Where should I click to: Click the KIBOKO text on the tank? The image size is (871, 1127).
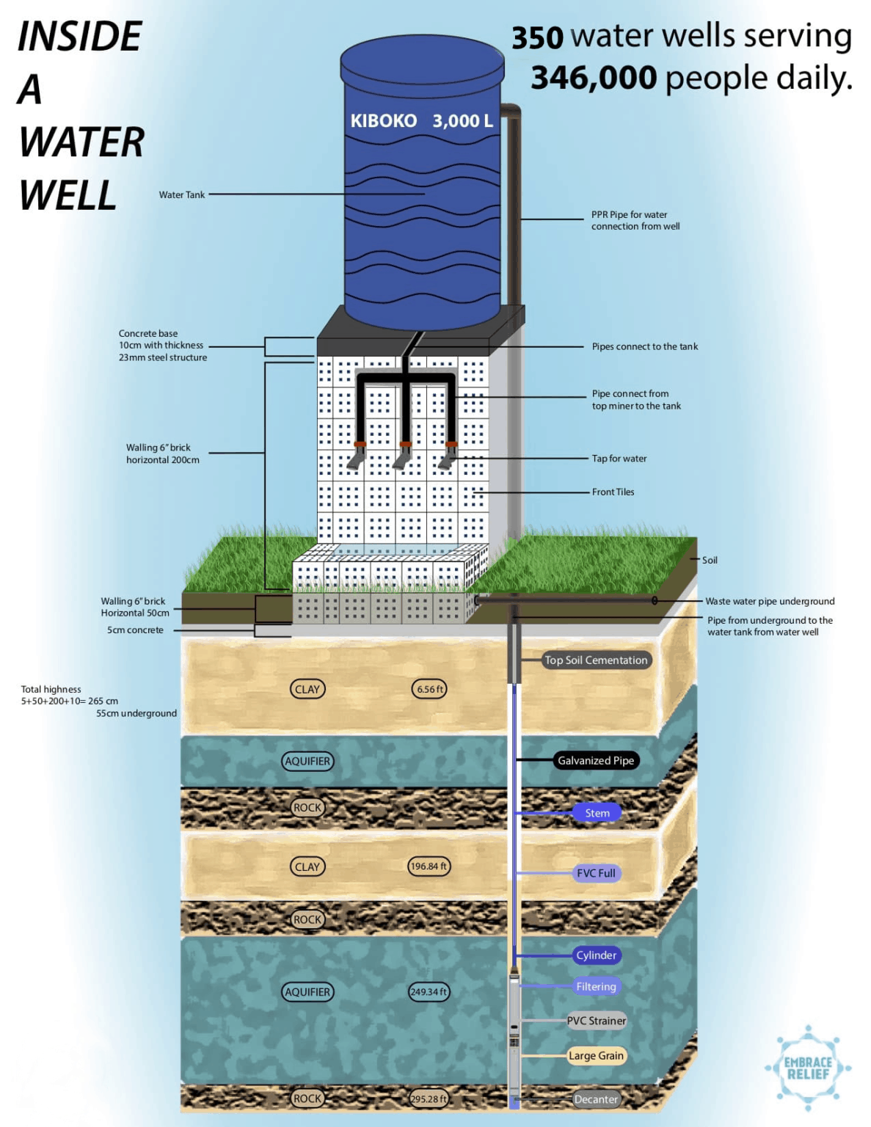pyautogui.click(x=383, y=121)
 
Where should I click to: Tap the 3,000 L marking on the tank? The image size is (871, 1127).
pyautogui.click(x=462, y=121)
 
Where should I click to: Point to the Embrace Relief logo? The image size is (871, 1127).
pyautogui.click(x=808, y=1068)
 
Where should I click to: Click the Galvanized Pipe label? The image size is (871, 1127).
pyautogui.click(x=595, y=761)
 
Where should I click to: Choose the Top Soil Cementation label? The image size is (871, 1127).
pyautogui.click(x=596, y=660)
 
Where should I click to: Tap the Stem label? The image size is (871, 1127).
pyautogui.click(x=597, y=813)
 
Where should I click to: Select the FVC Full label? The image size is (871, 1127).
pyautogui.click(x=596, y=873)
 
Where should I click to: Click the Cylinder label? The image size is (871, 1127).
pyautogui.click(x=596, y=955)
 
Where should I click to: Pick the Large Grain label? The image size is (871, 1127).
pyautogui.click(x=596, y=1056)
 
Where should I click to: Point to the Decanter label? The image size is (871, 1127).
pyautogui.click(x=596, y=1099)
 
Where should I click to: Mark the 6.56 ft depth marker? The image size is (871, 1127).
pyautogui.click(x=430, y=689)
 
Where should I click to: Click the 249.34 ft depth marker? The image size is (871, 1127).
pyautogui.click(x=429, y=992)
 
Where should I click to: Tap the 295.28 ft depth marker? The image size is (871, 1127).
pyautogui.click(x=429, y=1099)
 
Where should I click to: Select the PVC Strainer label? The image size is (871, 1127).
pyautogui.click(x=597, y=1021)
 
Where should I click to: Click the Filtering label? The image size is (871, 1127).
pyautogui.click(x=596, y=987)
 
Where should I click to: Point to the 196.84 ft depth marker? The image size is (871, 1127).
pyautogui.click(x=429, y=867)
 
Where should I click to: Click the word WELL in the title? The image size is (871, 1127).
pyautogui.click(x=68, y=196)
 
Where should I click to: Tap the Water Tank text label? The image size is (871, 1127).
pyautogui.click(x=182, y=195)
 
